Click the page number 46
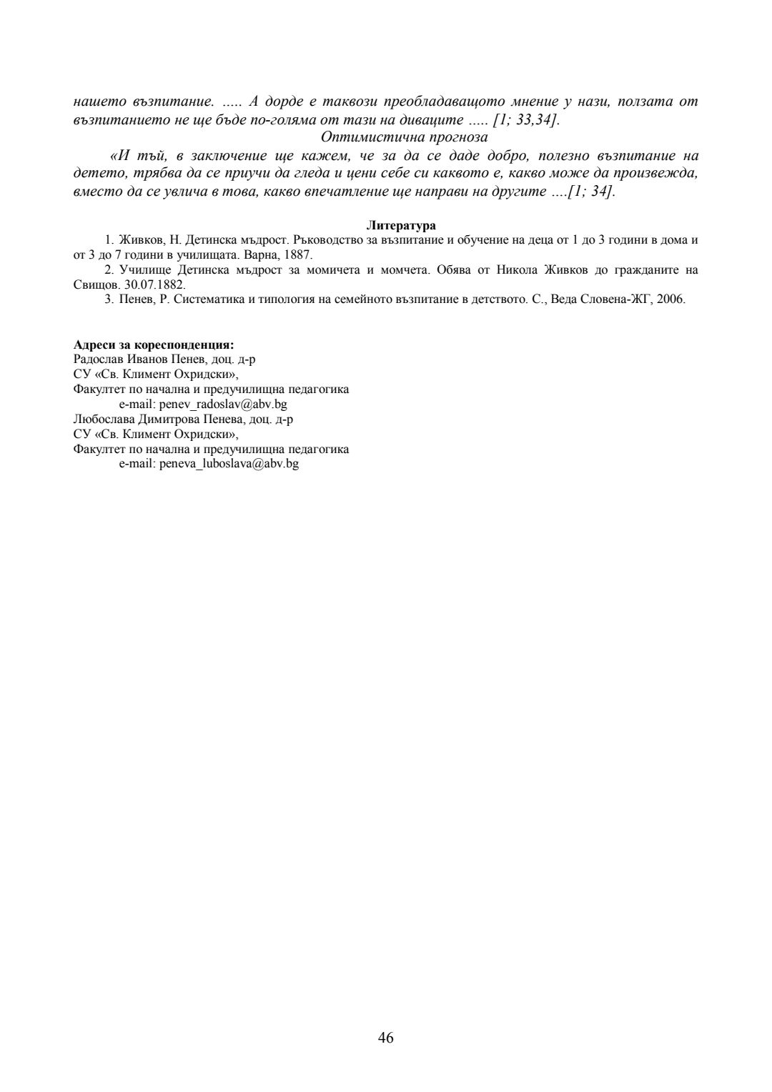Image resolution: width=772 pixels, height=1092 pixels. pos(385,1038)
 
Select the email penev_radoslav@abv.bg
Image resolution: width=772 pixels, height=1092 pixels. pos(222,404)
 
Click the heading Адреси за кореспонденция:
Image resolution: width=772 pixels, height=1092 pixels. pos(154,344)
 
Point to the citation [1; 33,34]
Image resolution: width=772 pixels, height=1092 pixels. pos(525,119)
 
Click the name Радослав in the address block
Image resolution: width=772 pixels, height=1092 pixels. pos(94,359)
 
